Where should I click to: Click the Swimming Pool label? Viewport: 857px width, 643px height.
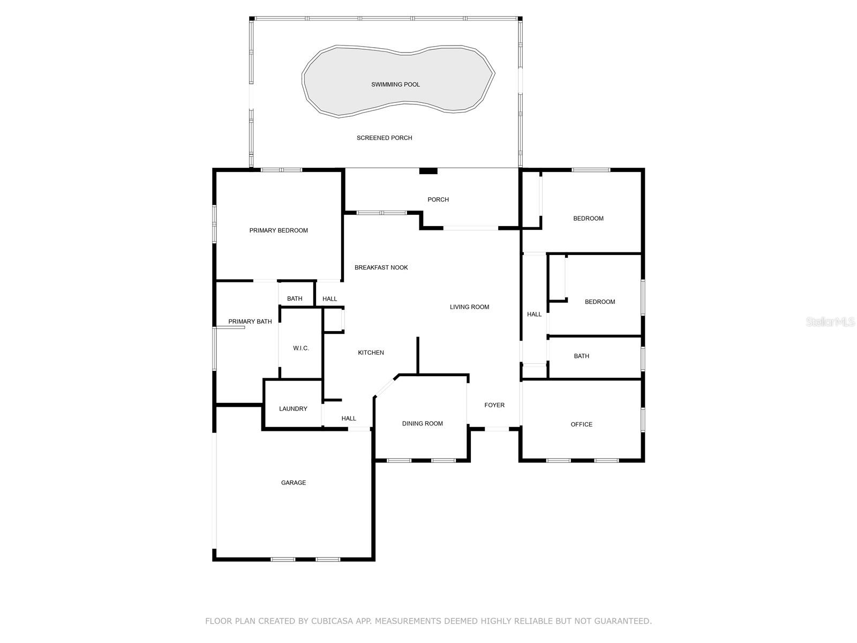(395, 85)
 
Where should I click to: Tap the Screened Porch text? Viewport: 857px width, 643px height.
(385, 138)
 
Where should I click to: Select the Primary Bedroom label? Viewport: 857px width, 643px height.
(279, 230)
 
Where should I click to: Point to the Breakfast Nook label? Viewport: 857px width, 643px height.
(381, 267)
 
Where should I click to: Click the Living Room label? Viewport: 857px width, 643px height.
(469, 307)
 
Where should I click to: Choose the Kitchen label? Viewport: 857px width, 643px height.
(371, 353)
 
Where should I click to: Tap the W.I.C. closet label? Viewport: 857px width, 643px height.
(301, 348)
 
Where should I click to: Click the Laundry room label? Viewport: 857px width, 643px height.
(293, 409)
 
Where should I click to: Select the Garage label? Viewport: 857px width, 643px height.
(294, 483)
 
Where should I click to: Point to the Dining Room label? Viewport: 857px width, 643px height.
(422, 424)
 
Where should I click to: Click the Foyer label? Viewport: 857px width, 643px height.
(494, 405)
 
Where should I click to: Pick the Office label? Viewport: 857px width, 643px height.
(581, 424)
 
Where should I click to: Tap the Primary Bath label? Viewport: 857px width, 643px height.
(250, 322)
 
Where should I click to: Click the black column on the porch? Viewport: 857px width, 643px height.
(428, 171)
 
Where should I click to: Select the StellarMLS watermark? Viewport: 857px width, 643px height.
(831, 322)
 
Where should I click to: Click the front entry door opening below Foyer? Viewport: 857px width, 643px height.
(497, 429)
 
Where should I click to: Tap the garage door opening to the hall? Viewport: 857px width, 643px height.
(359, 429)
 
